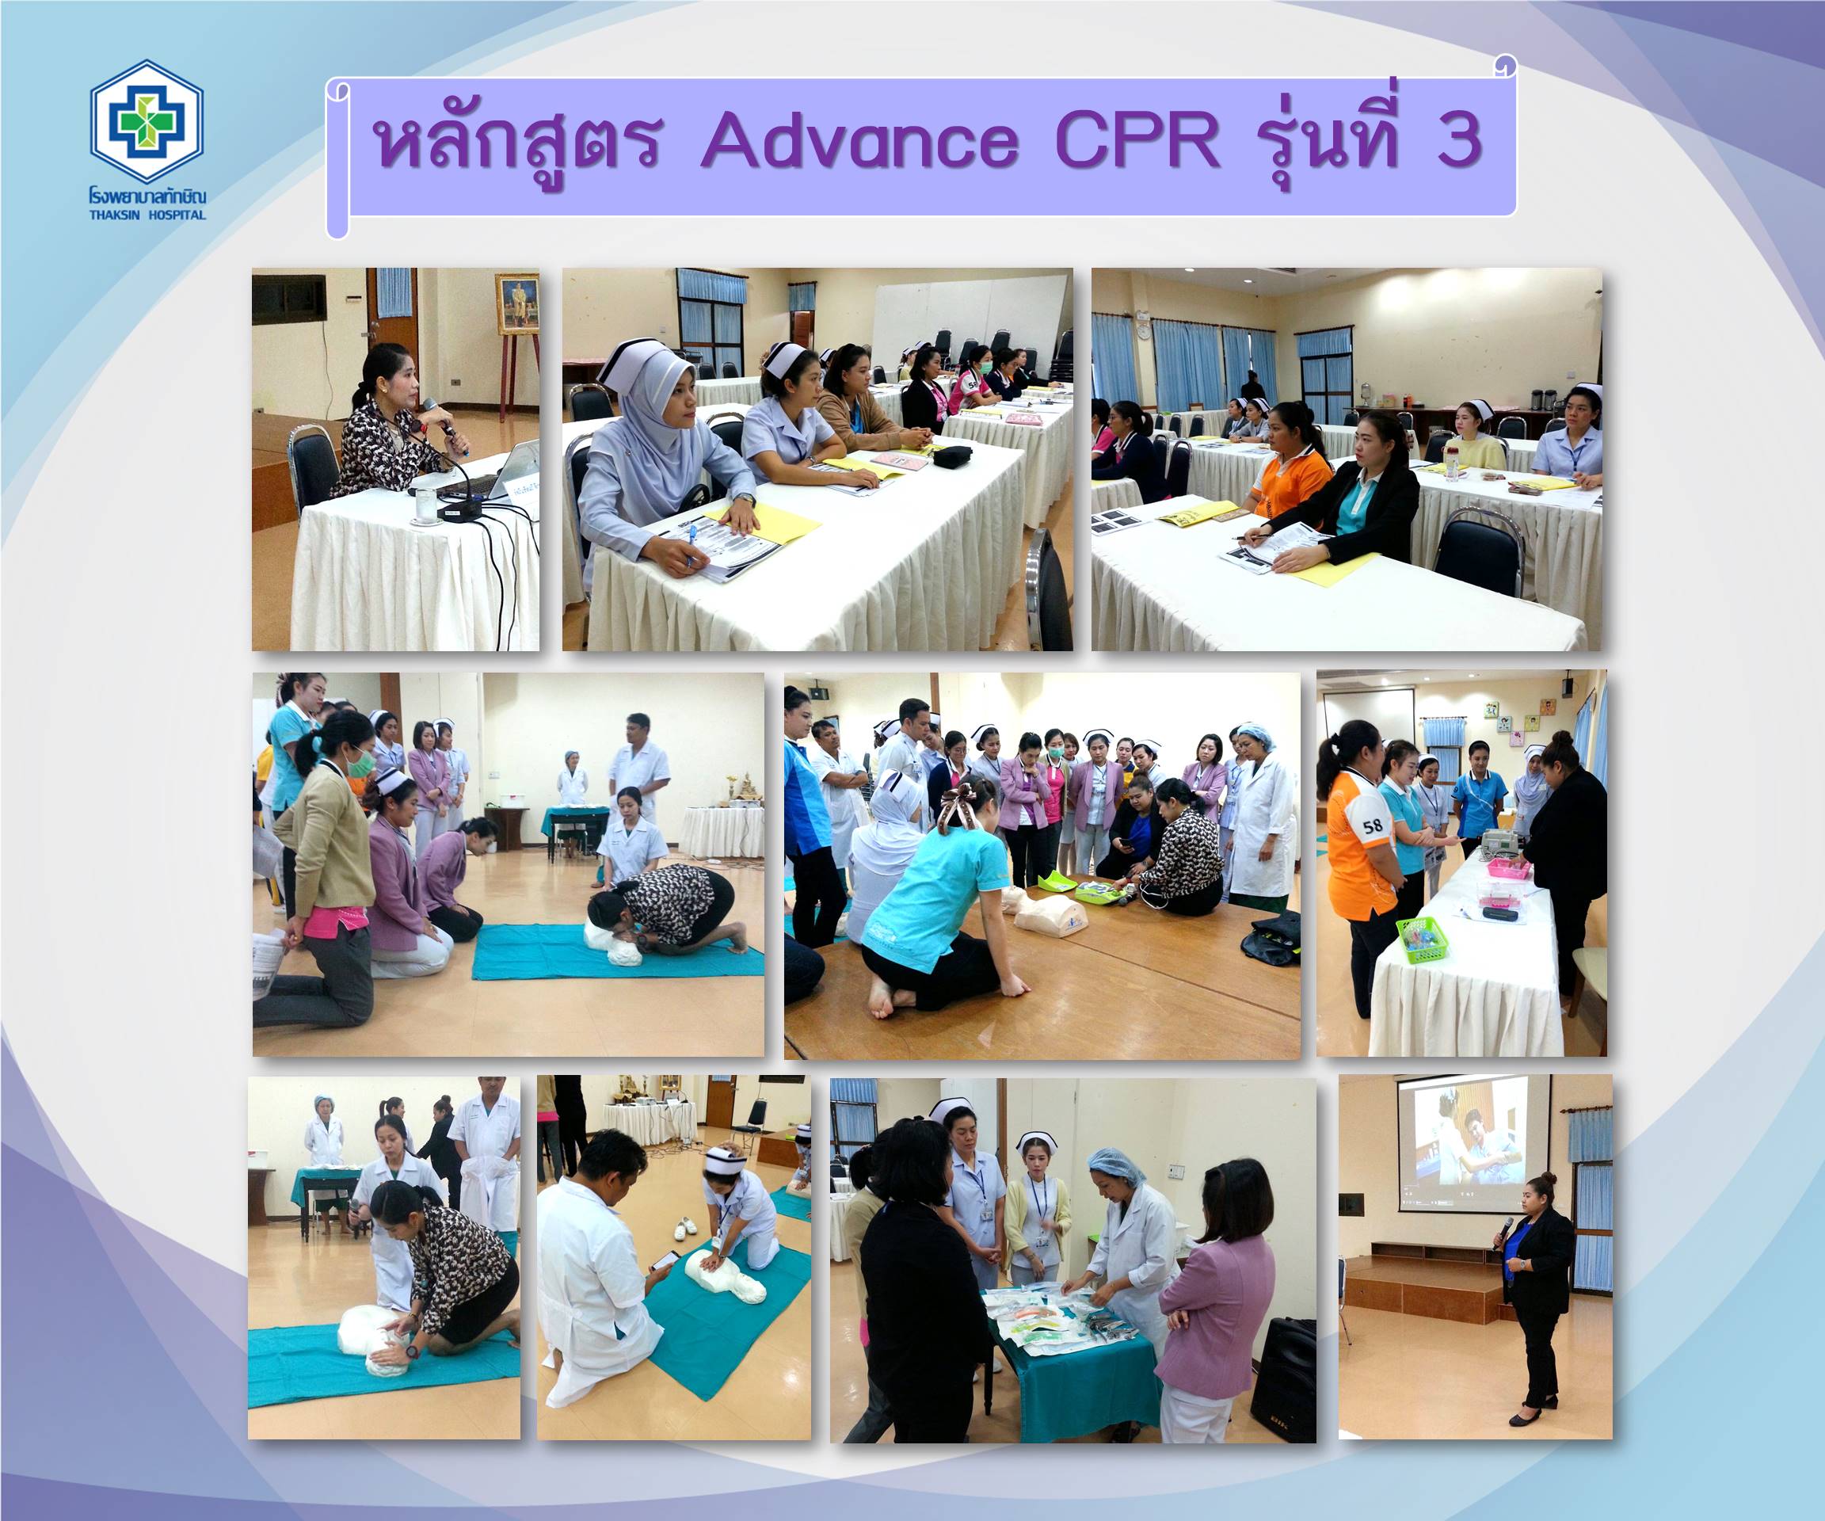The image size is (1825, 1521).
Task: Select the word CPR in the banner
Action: click(1137, 141)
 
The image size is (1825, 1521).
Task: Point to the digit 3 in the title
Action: click(1459, 141)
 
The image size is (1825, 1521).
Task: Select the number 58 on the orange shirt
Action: click(1372, 825)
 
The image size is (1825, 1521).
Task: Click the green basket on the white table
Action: click(1423, 939)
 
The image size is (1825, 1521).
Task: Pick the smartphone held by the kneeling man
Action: click(665, 1260)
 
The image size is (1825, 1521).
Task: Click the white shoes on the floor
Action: click(686, 1226)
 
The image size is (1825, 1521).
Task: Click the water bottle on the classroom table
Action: click(1450, 463)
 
